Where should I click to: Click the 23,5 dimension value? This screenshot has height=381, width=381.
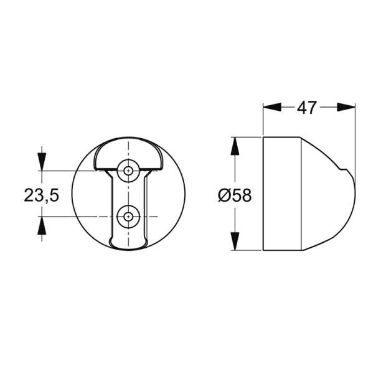pyautogui.click(x=41, y=195)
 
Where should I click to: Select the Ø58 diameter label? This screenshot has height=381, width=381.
pyautogui.click(x=234, y=195)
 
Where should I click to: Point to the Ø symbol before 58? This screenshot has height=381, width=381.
pyautogui.click(x=225, y=195)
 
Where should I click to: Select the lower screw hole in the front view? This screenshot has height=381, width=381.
pyautogui.click(x=128, y=217)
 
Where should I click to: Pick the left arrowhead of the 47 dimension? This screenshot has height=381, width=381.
pyautogui.click(x=271, y=108)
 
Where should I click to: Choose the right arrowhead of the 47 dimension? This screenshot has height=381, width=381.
pyautogui.click(x=347, y=108)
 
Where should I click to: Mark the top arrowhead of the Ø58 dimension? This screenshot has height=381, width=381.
pyautogui.click(x=235, y=146)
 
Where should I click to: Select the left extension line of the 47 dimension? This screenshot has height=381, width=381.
pyautogui.click(x=263, y=118)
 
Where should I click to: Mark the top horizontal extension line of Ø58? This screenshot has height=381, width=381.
pyautogui.click(x=246, y=136)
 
